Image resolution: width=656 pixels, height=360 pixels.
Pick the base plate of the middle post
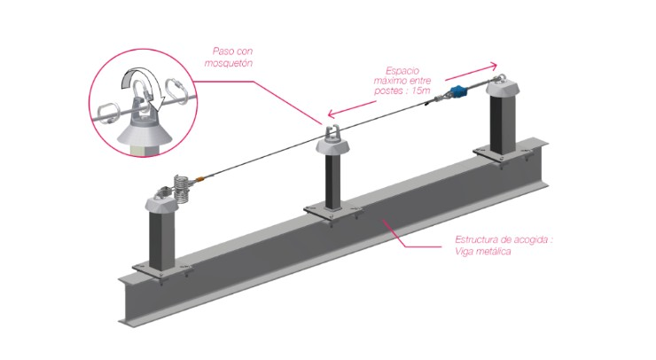(332, 214)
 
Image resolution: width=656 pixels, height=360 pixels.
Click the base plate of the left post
(161, 270)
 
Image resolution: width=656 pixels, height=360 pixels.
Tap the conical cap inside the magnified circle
(141, 129)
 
